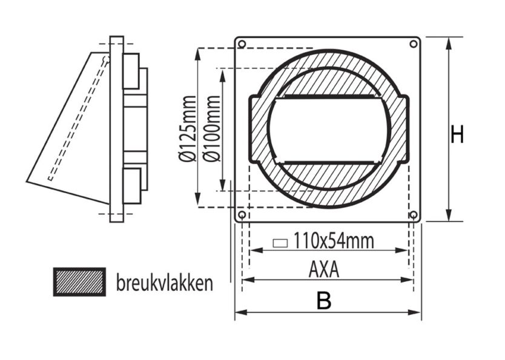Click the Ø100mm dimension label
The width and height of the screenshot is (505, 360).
click(213, 129)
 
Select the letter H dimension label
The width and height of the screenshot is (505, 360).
click(457, 135)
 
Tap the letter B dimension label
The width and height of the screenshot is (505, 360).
click(325, 301)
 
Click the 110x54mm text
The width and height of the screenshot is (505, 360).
click(334, 241)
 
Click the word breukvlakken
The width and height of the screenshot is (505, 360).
click(164, 283)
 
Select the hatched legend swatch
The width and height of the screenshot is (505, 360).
click(79, 282)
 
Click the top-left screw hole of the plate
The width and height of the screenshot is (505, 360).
click(242, 44)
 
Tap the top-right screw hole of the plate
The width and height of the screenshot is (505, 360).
click(414, 44)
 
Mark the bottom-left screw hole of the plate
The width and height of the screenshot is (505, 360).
click(242, 215)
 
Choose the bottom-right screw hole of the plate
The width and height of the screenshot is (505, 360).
click(414, 215)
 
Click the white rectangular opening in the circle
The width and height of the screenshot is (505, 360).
click(328, 129)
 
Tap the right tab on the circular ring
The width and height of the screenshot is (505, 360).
click(404, 129)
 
